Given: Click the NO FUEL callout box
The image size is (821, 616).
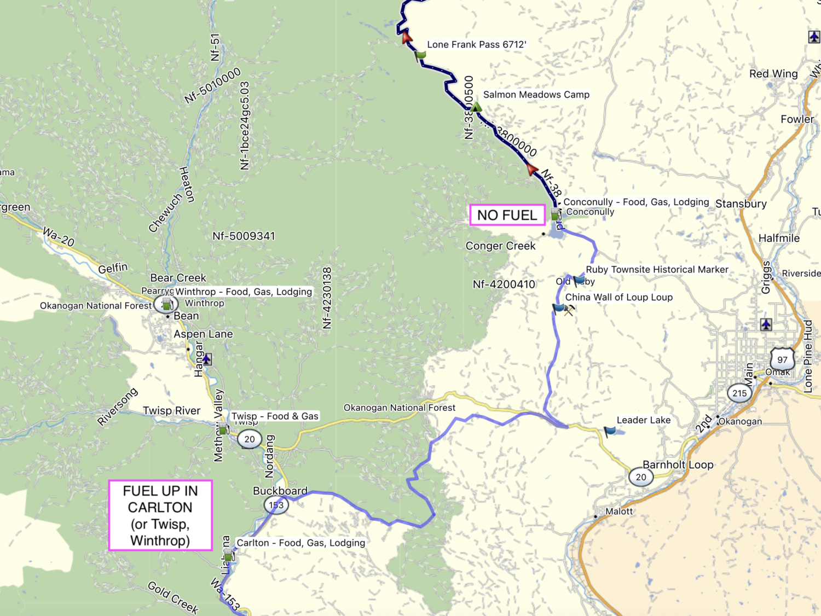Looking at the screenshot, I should (x=507, y=215).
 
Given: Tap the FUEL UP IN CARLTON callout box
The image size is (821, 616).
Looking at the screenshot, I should (x=160, y=515).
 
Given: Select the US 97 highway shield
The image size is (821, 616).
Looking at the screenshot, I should (x=782, y=360).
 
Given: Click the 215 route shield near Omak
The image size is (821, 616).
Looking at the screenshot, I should (x=739, y=393).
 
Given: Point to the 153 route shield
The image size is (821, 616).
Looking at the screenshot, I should (x=276, y=504).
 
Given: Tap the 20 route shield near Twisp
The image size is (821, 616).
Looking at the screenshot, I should (x=250, y=439).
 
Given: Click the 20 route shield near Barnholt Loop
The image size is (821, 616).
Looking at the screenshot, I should (x=640, y=477).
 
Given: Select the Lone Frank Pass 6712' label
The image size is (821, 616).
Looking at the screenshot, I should (x=476, y=45).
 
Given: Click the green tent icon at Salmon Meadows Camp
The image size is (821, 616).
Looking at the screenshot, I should (x=476, y=106).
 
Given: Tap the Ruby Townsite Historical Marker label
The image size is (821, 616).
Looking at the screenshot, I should (x=657, y=270).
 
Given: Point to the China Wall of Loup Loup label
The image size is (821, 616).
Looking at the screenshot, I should (x=618, y=297).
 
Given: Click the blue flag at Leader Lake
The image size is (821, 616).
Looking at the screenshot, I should (x=609, y=432).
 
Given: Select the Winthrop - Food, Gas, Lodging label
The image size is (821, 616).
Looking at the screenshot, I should (x=244, y=292).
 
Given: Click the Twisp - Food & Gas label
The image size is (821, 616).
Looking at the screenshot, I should (x=275, y=416).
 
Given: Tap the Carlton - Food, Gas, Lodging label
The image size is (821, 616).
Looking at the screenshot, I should (x=300, y=543).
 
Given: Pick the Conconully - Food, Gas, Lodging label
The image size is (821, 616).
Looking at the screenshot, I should (x=636, y=202).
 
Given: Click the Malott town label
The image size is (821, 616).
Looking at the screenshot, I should (x=618, y=512).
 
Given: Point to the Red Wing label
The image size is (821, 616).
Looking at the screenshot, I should (x=773, y=74).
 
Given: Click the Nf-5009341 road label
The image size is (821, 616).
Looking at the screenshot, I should (x=244, y=236).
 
